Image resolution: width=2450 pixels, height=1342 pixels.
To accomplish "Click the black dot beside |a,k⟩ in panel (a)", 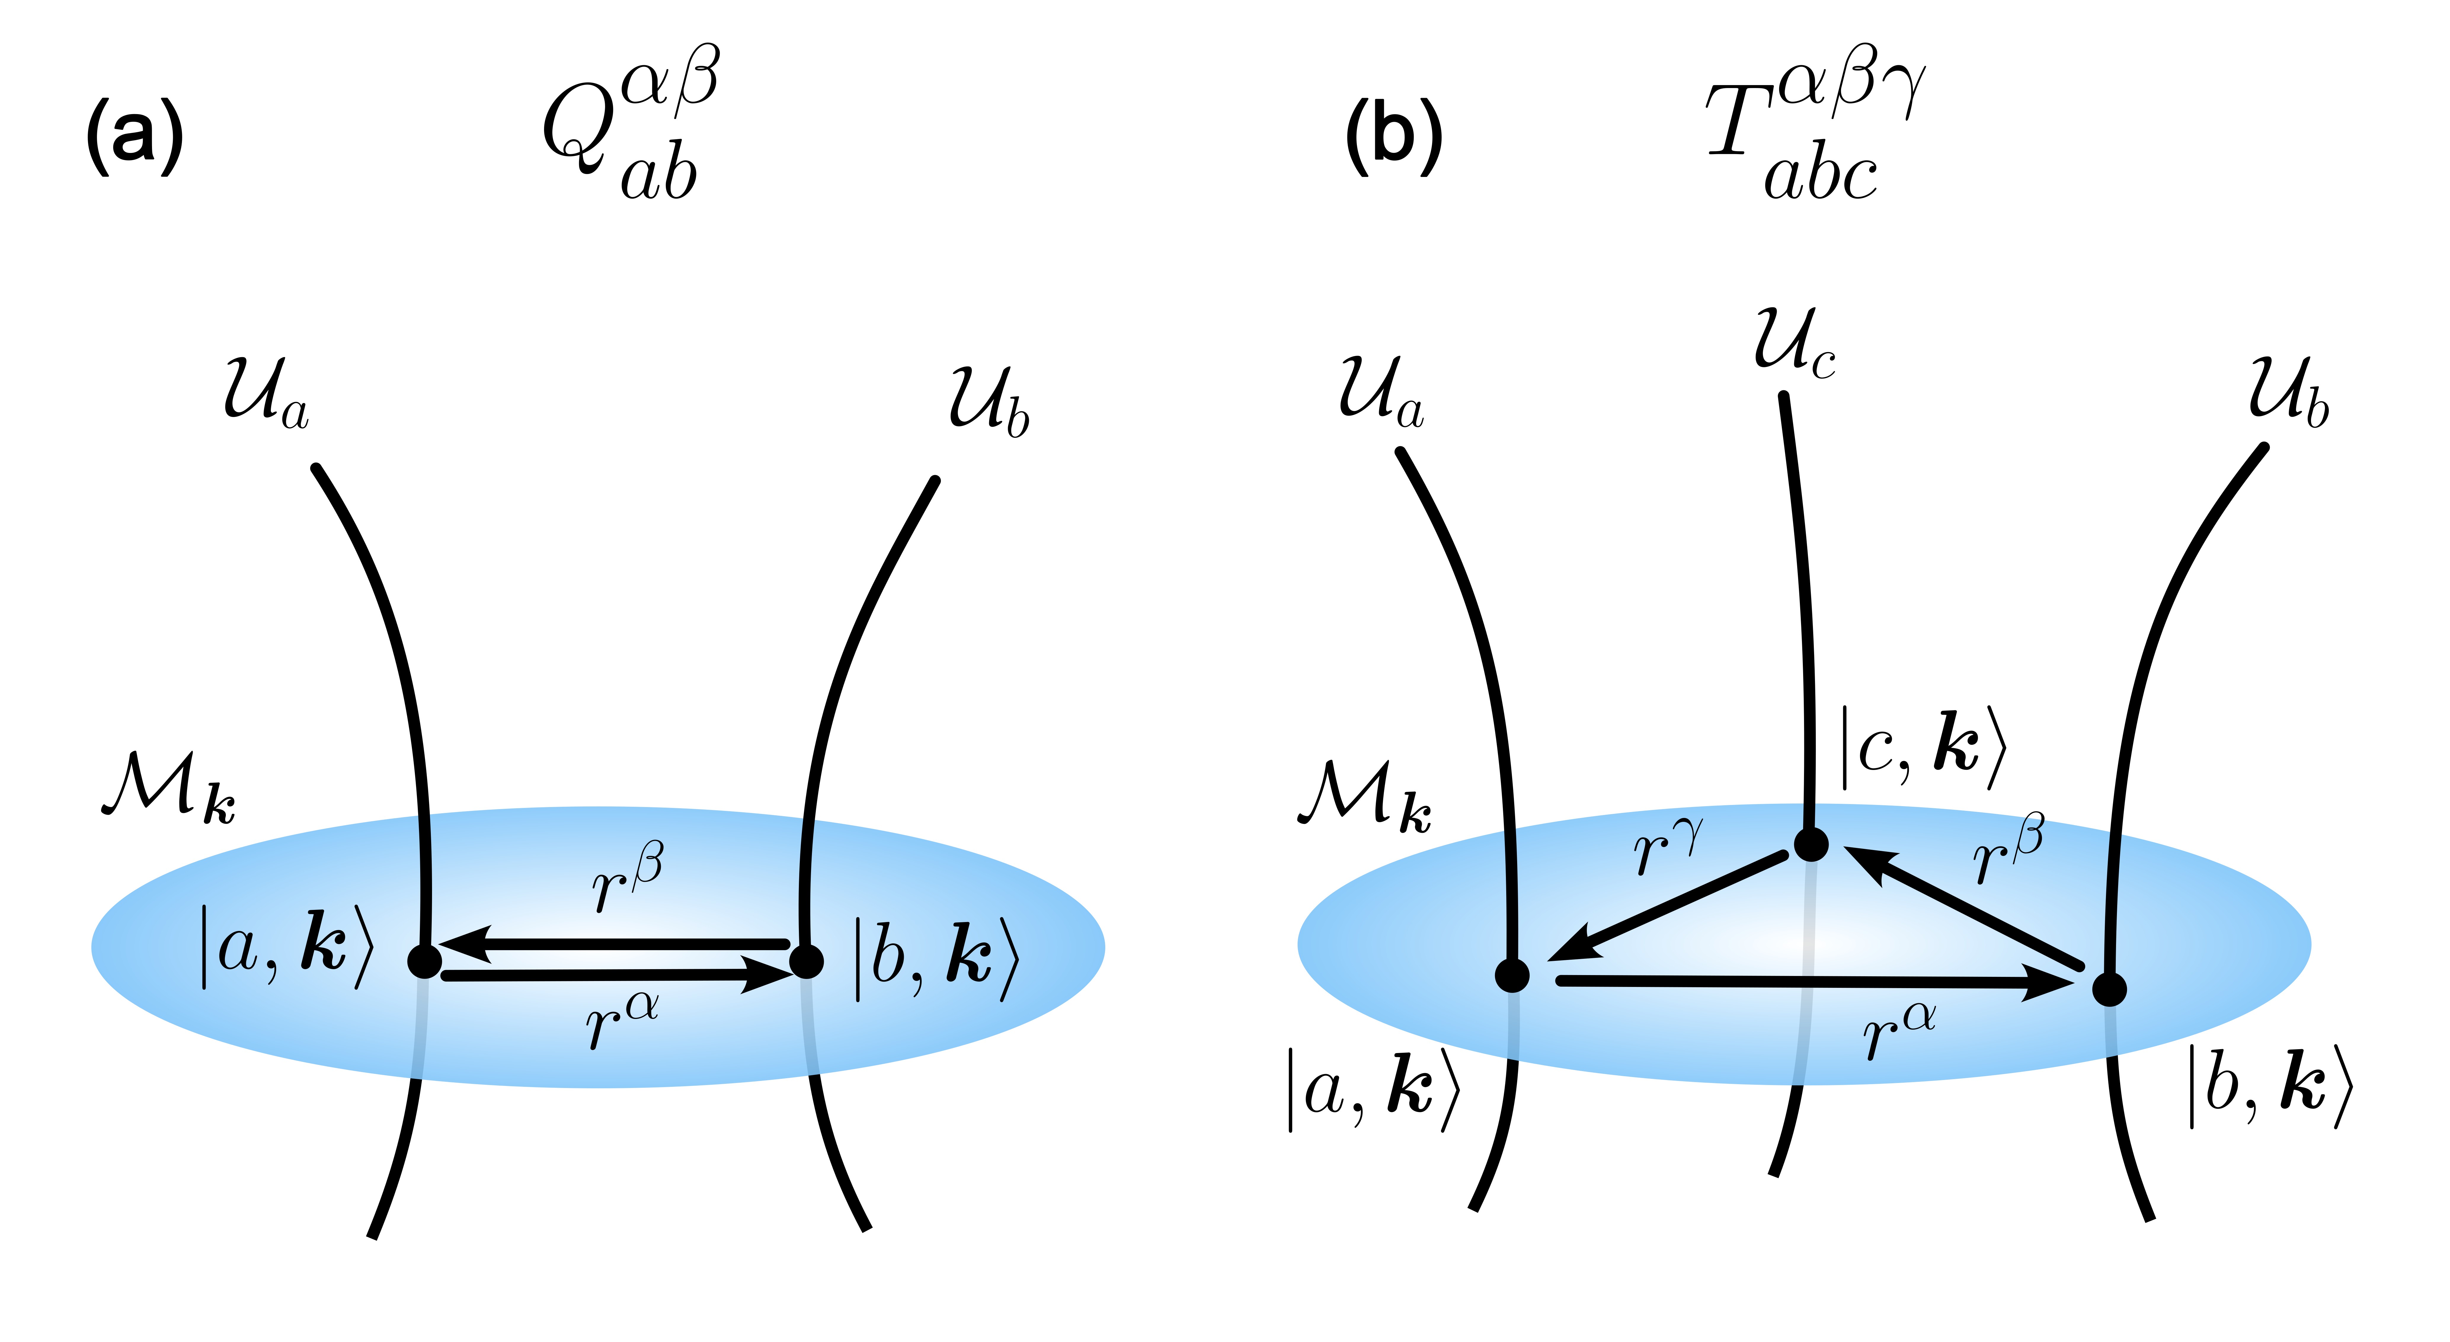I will click(424, 961).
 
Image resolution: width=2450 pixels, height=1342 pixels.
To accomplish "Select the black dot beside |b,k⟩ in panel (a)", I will click(807, 961).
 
